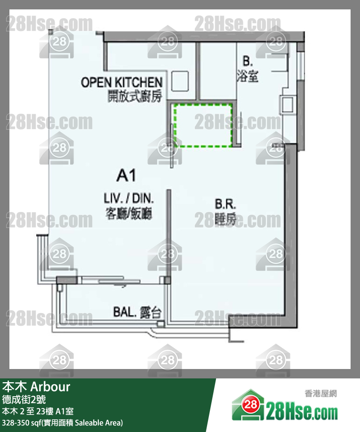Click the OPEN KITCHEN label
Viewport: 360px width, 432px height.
click(x=122, y=82)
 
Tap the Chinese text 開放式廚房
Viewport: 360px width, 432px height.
click(x=135, y=96)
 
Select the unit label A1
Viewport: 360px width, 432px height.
click(x=126, y=175)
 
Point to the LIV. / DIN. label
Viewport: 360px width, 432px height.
click(x=128, y=198)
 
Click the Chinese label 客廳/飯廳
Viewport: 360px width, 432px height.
click(x=128, y=213)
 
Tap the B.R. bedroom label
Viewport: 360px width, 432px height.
click(x=225, y=204)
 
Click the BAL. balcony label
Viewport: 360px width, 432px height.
click(x=125, y=312)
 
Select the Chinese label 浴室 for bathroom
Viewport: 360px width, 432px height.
click(x=248, y=76)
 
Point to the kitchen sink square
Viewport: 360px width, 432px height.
click(x=180, y=81)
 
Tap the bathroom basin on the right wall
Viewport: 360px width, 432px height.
click(x=287, y=105)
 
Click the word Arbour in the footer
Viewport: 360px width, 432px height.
click(x=50, y=387)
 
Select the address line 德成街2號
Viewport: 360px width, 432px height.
click(x=24, y=400)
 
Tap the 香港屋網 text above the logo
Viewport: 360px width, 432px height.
click(x=320, y=393)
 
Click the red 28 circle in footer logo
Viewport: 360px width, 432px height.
click(x=250, y=404)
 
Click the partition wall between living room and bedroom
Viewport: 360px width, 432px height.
click(x=168, y=233)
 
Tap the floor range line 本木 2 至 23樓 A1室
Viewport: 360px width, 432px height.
click(x=38, y=411)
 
